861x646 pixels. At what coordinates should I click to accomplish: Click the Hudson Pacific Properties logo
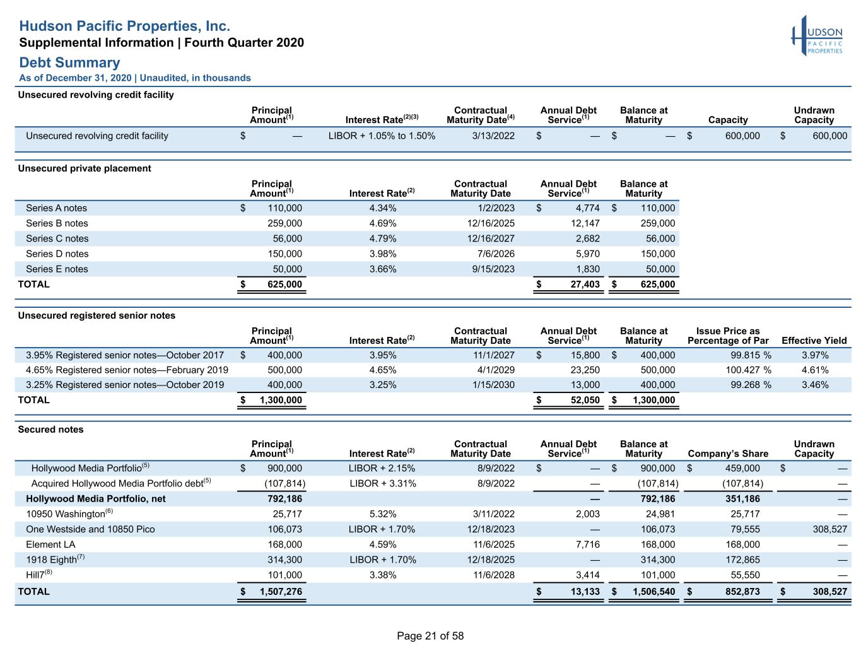tap(817, 35)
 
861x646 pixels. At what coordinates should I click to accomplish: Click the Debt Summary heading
tap(69, 62)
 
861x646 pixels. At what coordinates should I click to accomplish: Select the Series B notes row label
tap(57, 223)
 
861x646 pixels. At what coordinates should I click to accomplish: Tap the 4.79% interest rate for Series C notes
tap(382, 238)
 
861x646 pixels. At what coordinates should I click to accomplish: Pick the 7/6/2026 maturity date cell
tap(495, 254)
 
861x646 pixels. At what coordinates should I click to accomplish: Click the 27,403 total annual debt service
tap(585, 284)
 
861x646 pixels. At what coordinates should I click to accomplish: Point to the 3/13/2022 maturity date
tap(493, 136)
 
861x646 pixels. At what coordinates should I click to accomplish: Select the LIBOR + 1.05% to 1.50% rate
tap(382, 136)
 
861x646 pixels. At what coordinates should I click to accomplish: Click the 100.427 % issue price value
tap(748, 370)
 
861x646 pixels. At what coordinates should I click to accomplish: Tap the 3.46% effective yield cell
tap(815, 385)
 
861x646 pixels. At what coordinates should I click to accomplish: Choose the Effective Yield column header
tap(814, 341)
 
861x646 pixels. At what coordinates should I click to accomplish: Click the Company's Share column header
tap(728, 454)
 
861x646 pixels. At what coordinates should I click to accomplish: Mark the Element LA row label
tap(50, 544)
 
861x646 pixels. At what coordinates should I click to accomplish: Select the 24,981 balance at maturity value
tap(660, 514)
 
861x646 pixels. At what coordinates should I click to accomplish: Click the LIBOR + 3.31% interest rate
tap(382, 483)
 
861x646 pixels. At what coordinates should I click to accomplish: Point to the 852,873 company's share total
tap(742, 592)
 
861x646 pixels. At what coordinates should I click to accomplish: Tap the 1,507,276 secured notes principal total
tap(281, 592)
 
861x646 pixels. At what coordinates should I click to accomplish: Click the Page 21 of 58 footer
tap(430, 636)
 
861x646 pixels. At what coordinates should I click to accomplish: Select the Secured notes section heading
tap(50, 429)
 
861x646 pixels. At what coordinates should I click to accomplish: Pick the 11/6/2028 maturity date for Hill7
tap(493, 575)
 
